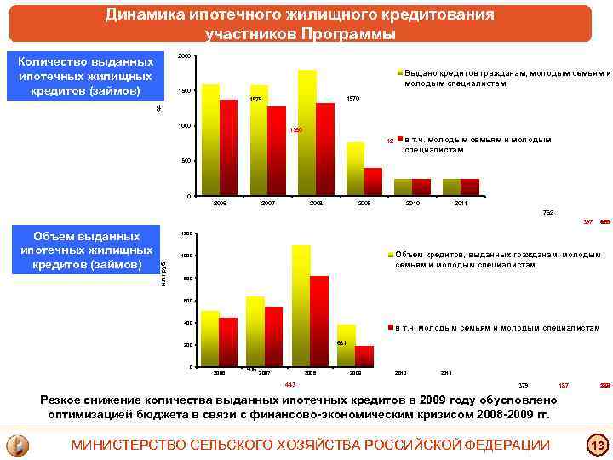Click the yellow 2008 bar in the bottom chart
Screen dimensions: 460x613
301,306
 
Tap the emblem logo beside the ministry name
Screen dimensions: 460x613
18,445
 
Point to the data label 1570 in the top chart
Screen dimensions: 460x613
354,100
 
